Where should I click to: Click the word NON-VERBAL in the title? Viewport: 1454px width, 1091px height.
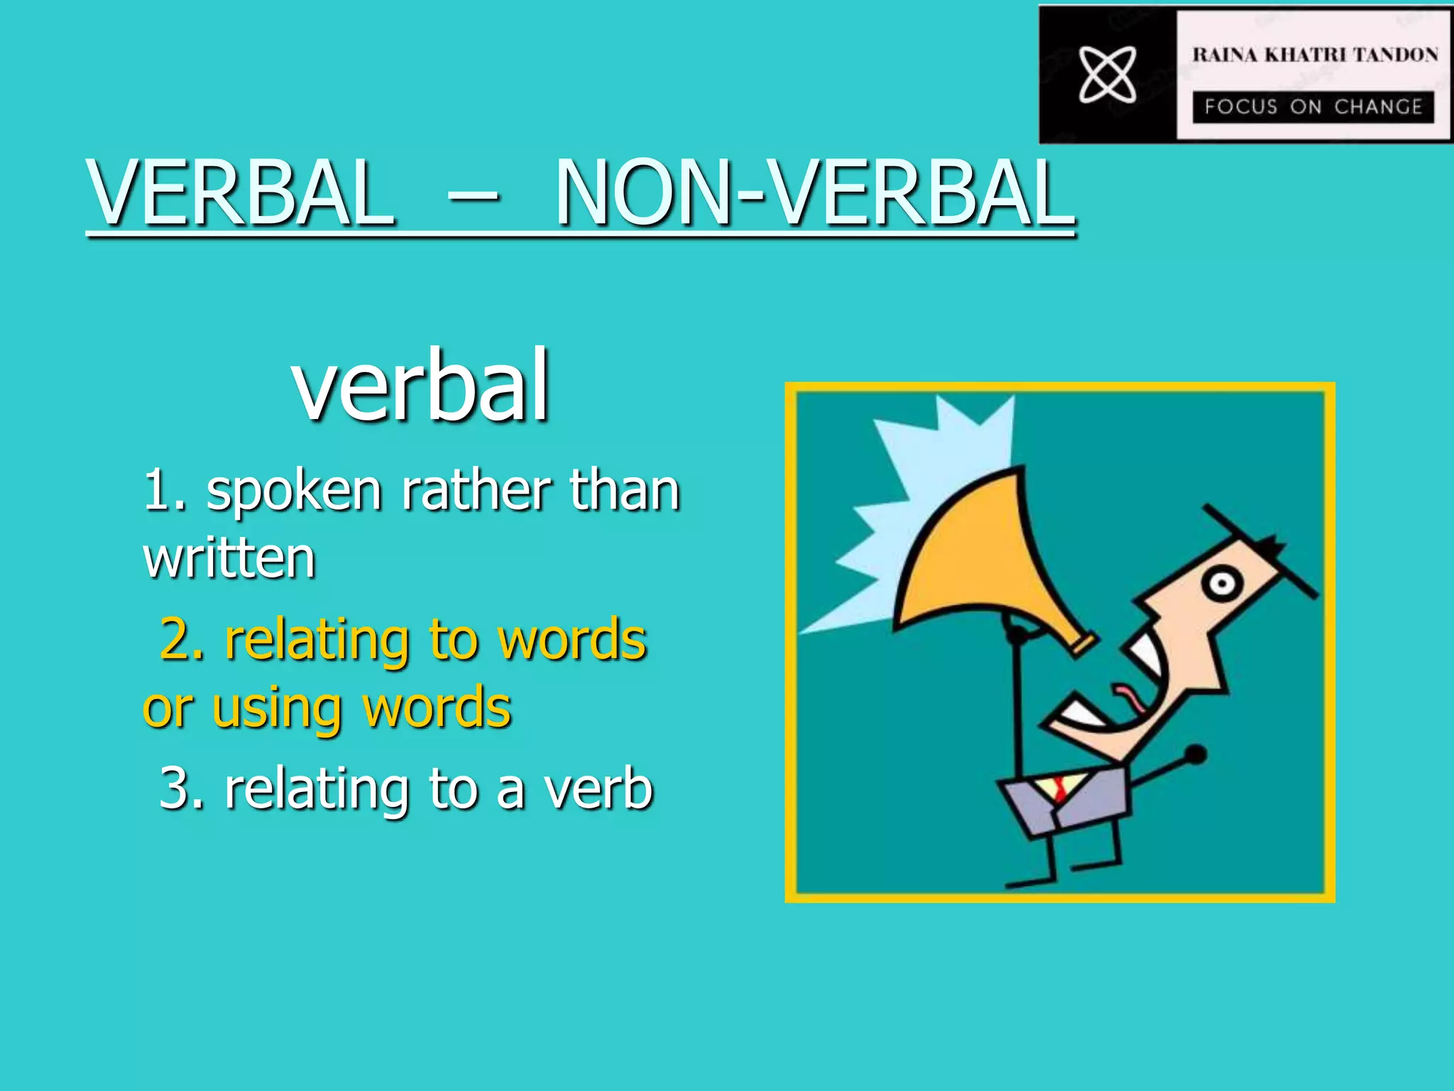point(814,193)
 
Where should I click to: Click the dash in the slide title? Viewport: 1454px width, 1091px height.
point(474,193)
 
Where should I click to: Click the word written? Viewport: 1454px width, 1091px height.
point(229,558)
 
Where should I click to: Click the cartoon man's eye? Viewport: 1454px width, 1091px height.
point(1222,584)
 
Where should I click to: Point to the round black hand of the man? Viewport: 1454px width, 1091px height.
point(1196,754)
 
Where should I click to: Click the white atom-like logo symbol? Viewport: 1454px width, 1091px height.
point(1108,74)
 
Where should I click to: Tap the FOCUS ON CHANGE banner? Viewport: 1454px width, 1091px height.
point(1313,107)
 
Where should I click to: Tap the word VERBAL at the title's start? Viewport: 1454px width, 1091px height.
point(240,193)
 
